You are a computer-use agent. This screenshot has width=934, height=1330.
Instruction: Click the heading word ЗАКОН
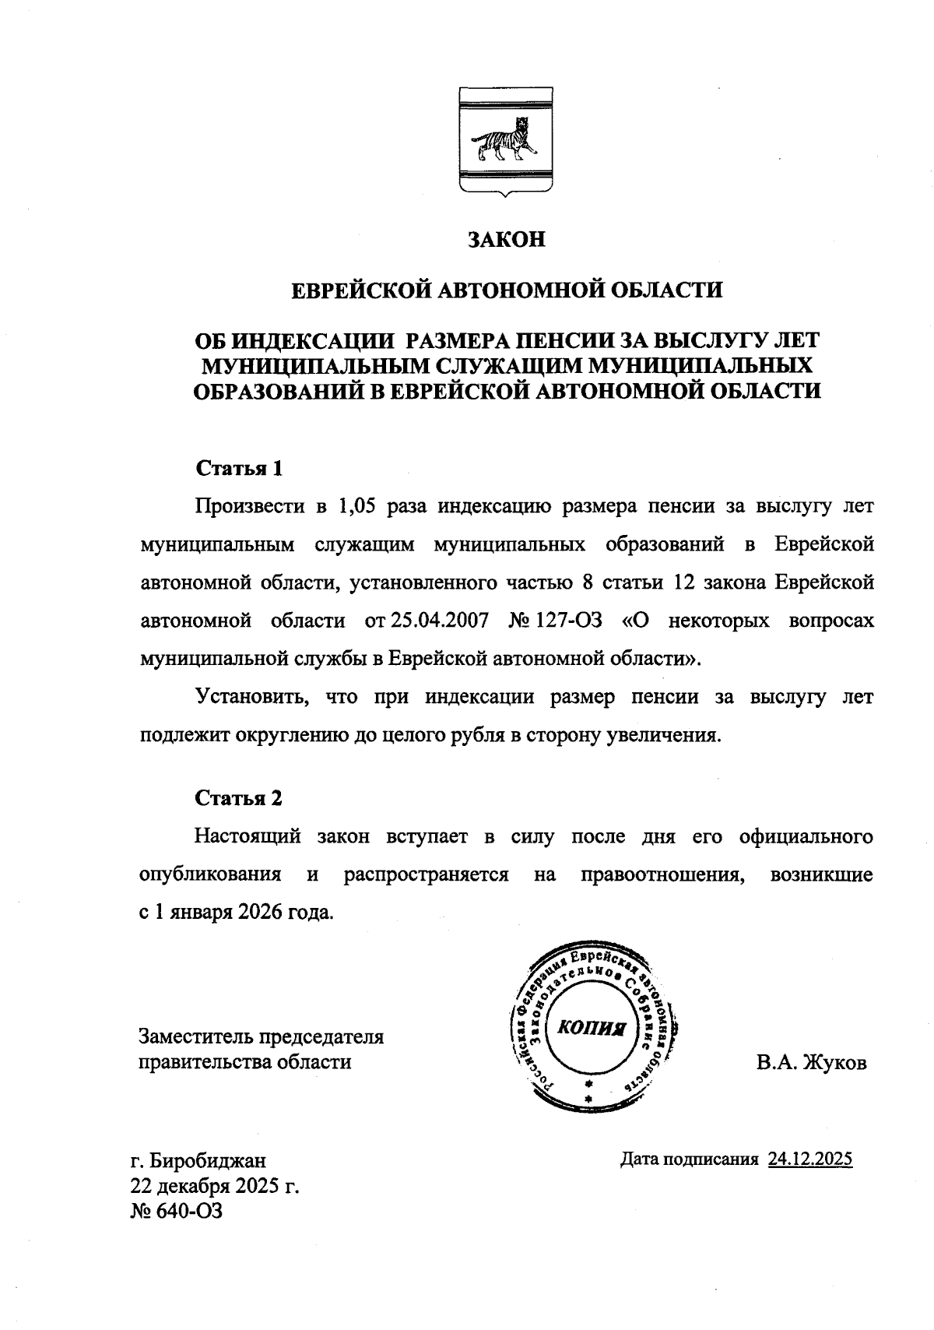tap(506, 239)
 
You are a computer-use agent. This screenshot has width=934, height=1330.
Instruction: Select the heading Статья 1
tap(239, 469)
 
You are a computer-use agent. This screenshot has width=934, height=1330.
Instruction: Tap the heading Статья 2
tap(239, 798)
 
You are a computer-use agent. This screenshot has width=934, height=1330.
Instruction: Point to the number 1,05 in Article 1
tap(358, 507)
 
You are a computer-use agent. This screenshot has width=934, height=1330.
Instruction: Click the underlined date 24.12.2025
tap(810, 1159)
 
